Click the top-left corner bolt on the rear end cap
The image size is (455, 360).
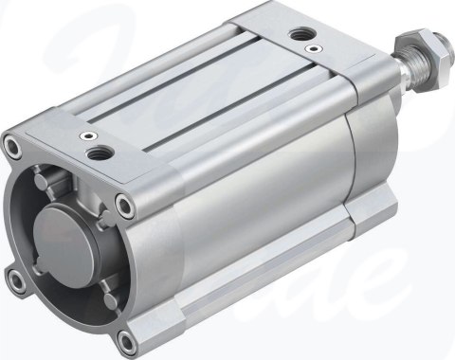tap(13, 146)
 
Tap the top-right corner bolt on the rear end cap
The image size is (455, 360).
tap(125, 202)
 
